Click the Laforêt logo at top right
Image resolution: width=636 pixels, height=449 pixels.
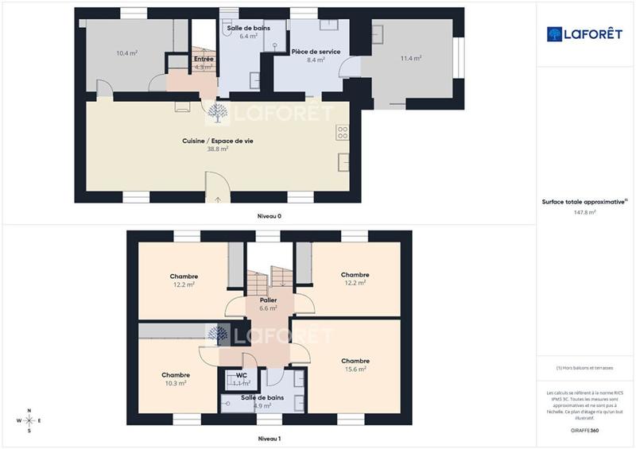pos(584,33)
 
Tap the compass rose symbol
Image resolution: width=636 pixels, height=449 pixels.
pos(29,420)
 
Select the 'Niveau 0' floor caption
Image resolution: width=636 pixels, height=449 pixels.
pos(269,216)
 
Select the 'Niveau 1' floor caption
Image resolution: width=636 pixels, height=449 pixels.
pos(269,438)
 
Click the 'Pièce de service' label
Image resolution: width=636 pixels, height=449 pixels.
pos(316,51)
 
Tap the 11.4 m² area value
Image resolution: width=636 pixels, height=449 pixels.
pos(411,58)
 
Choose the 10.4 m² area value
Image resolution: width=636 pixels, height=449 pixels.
pos(127,53)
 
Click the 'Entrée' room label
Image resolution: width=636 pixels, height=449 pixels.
pos(204,59)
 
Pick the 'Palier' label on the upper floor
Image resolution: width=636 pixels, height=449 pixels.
pos(268,300)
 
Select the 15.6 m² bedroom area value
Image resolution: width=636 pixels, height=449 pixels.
pos(355,369)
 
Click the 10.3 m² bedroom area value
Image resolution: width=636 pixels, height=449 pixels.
pos(175,383)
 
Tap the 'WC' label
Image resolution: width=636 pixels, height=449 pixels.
pos(242,375)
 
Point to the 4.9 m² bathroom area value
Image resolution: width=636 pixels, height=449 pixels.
pos(263,406)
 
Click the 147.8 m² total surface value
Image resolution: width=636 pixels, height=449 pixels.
pos(585,212)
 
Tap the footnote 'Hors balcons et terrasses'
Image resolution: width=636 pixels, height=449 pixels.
pos(586,367)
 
